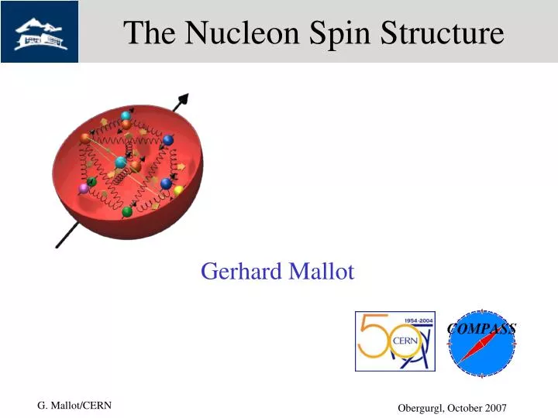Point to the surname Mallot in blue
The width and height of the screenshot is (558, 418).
point(321,272)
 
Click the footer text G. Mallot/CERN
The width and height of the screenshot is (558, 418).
point(74,406)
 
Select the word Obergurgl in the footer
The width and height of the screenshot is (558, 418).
point(422,408)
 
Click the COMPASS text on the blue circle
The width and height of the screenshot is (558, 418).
point(481,328)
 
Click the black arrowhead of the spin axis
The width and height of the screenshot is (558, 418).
point(183,98)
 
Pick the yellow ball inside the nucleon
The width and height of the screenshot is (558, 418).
point(178,190)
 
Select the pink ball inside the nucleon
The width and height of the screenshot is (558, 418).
point(84,188)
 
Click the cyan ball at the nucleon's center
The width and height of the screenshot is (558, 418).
point(120,163)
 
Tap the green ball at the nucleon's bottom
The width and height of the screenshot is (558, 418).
point(127,211)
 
